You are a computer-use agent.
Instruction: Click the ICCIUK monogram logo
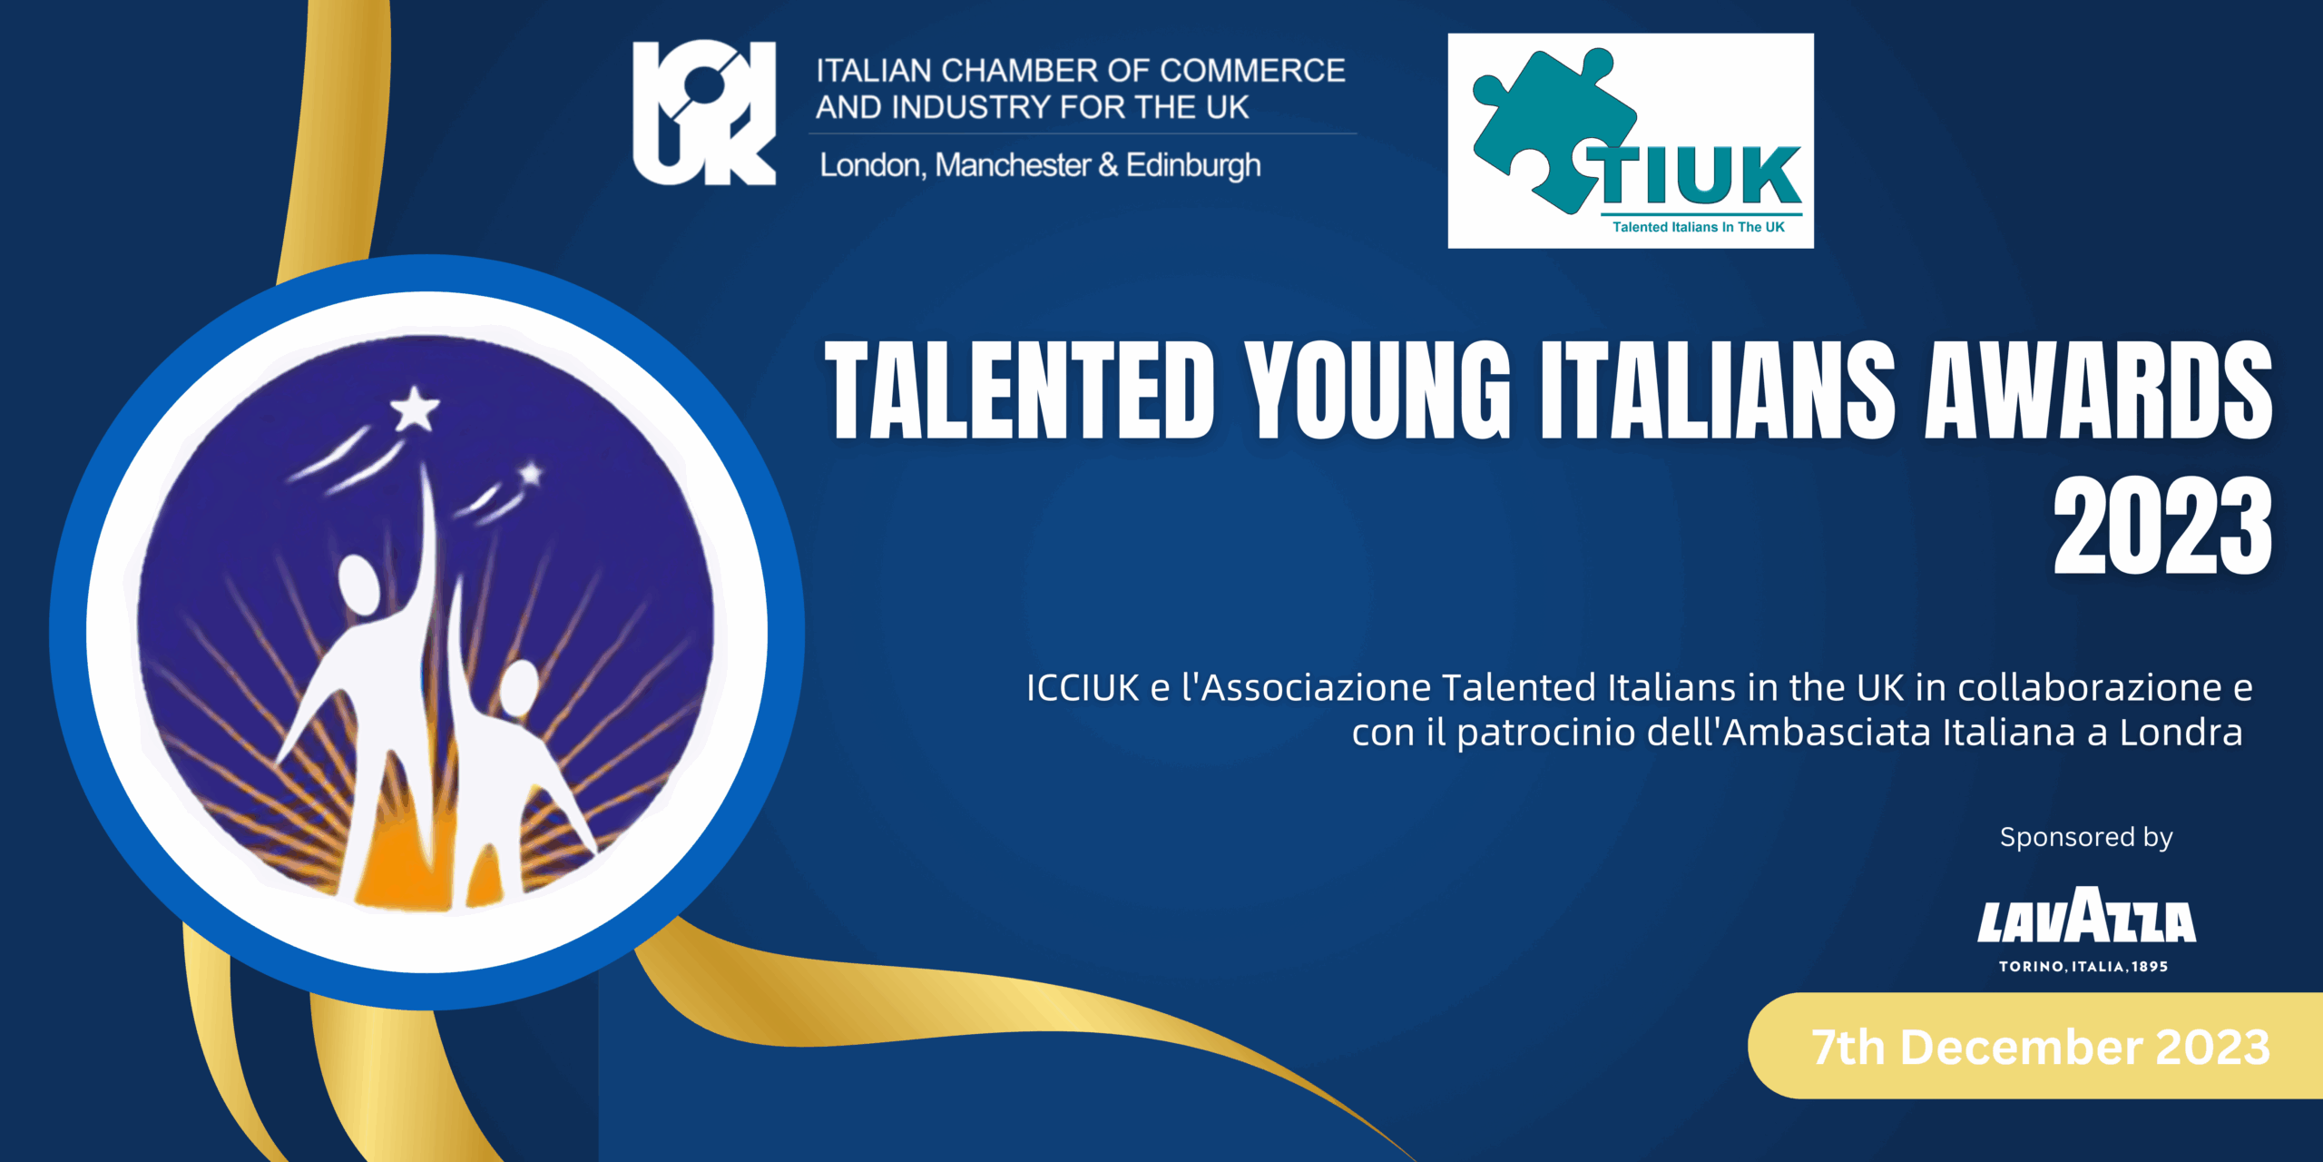704,113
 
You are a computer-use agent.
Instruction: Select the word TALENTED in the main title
1020,390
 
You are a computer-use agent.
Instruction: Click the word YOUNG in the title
1377,390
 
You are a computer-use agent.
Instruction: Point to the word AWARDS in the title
2099,390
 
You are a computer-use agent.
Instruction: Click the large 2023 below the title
2163,526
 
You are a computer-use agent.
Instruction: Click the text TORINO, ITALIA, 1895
2083,967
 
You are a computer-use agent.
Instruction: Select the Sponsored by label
2086,837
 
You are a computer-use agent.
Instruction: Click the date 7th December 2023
2041,1047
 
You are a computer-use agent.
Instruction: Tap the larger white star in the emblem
415,409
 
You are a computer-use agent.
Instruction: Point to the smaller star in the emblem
531,473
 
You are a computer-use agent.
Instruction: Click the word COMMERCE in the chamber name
1252,71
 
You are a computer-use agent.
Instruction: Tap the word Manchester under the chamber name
1013,165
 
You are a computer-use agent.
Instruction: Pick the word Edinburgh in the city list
1193,166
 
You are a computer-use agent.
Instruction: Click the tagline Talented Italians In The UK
1699,227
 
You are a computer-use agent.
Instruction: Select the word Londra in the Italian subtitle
2181,733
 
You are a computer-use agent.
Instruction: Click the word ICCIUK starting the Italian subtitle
1083,688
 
